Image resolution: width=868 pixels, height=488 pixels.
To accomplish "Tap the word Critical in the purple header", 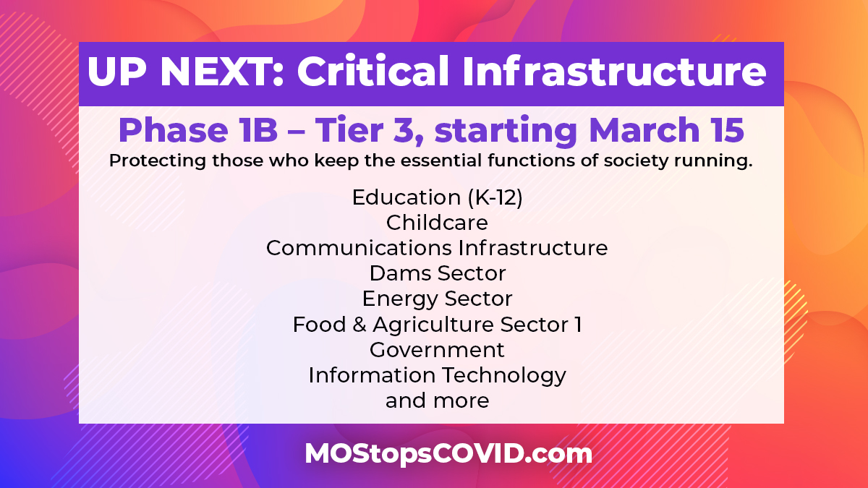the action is click(373, 71).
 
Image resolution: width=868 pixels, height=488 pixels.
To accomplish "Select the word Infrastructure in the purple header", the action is click(614, 71).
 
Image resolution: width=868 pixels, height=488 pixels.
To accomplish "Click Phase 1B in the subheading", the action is click(198, 130).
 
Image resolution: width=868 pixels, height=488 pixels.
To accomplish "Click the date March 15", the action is click(666, 130).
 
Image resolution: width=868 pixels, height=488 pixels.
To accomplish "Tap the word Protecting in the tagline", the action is click(158, 160).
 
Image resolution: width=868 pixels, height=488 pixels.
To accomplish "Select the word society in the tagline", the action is click(636, 160).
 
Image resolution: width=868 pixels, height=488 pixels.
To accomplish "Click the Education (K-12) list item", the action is click(437, 197).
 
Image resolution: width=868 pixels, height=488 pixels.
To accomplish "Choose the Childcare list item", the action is click(437, 223).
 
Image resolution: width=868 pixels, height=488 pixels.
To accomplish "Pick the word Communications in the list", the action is click(359, 248).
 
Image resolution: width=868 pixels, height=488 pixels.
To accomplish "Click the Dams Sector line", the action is click(438, 273).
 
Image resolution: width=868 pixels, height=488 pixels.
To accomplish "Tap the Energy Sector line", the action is click(437, 299).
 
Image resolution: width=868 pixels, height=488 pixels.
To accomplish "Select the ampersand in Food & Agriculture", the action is click(359, 325).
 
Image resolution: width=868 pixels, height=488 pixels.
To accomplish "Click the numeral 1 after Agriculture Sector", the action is click(578, 325).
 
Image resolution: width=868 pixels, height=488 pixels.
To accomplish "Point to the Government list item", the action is click(437, 350).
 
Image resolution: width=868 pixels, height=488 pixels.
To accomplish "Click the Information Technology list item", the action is click(437, 376).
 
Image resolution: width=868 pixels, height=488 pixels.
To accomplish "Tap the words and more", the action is click(437, 401).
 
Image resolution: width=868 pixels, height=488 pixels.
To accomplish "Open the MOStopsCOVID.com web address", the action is click(448, 453).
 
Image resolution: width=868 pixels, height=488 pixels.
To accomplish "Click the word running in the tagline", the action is click(713, 161).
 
